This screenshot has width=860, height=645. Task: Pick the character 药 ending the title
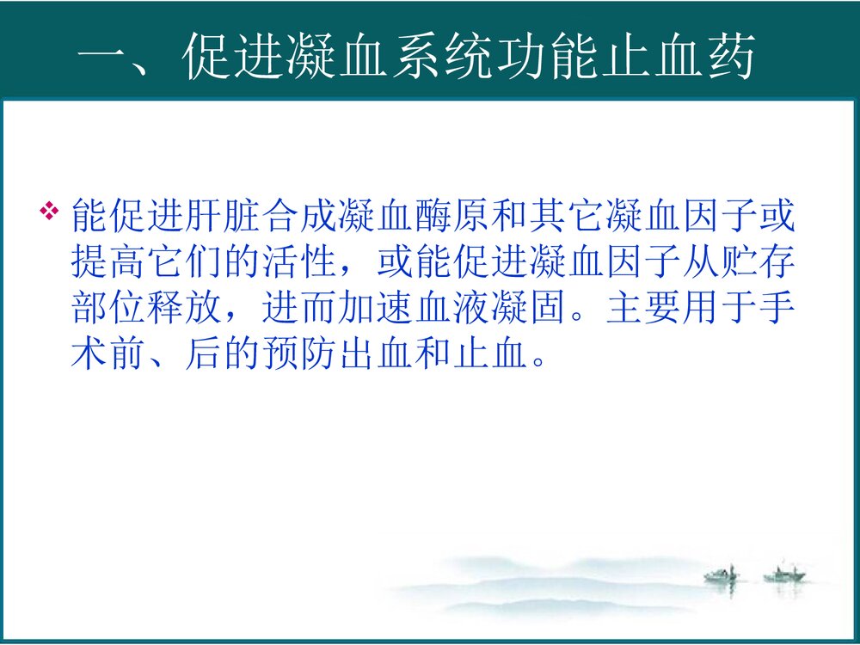[728, 60]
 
